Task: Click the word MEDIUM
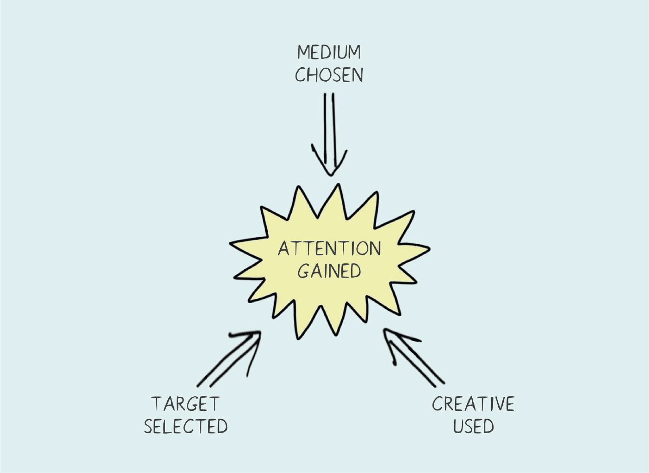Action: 329,52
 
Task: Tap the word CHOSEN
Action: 329,75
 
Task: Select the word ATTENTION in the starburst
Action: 329,249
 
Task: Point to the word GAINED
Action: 329,271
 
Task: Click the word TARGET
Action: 185,404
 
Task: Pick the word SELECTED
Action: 186,427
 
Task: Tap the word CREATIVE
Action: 473,404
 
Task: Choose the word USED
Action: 473,427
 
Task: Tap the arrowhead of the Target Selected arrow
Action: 258,333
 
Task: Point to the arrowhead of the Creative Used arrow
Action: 386,331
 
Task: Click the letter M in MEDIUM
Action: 304,52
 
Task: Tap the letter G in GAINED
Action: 304,271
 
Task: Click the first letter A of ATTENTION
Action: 284,249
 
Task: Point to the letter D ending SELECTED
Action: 221,427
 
